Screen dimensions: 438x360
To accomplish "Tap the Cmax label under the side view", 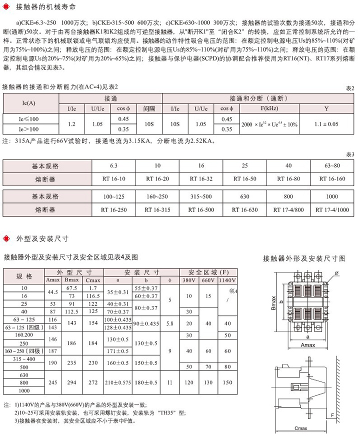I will click(301, 428).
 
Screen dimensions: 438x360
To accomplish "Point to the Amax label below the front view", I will click(306, 345).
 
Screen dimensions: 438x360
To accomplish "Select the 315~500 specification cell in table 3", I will click(200, 196).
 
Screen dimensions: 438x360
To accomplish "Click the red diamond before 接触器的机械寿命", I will click(5, 8).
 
